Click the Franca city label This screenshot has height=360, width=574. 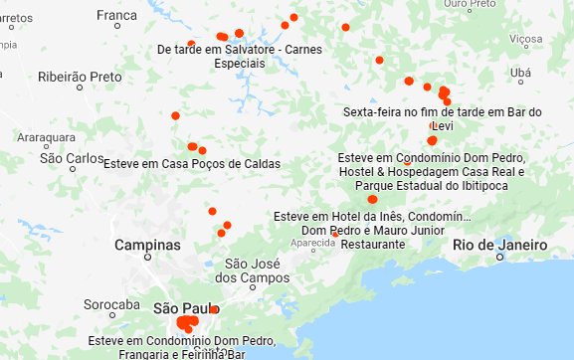click(x=117, y=15)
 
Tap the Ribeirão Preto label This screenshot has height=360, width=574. click(x=80, y=77)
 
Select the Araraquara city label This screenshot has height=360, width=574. click(x=47, y=137)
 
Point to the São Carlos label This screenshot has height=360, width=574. click(x=72, y=158)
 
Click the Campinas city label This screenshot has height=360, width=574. click(x=147, y=245)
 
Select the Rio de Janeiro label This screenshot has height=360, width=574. click(x=498, y=245)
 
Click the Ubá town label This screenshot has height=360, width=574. click(x=519, y=73)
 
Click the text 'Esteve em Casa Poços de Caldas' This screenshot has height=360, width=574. click(x=192, y=164)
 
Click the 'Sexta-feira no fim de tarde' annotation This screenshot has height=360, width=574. click(x=441, y=112)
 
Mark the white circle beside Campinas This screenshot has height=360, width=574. click(x=147, y=258)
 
